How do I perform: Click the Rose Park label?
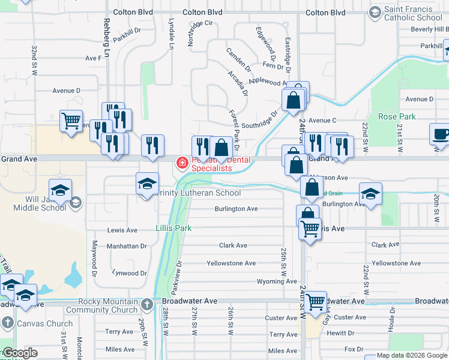[393, 116]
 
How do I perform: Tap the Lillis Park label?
[173, 228]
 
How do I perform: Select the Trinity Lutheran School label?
[197, 193]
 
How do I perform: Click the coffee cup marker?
[441, 134]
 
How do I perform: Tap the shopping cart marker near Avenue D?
[71, 121]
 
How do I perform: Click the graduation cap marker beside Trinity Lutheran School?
[147, 184]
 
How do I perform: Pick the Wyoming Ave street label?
[277, 281]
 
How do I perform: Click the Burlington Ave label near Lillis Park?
[236, 209]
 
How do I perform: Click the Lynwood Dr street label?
[129, 273]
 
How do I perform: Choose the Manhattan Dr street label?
[127, 246]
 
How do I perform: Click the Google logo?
[19, 353]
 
